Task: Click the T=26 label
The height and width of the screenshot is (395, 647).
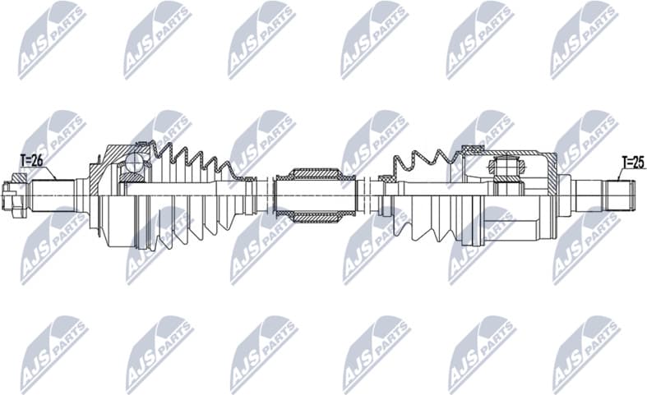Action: [31, 160]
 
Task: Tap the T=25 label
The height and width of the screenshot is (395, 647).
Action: [631, 161]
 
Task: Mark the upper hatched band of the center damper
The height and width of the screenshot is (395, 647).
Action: [312, 174]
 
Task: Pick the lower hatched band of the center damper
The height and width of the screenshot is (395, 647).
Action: [312, 217]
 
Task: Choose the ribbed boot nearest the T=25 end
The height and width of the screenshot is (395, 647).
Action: [427, 197]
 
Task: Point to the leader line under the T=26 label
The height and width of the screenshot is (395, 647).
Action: [48, 171]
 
